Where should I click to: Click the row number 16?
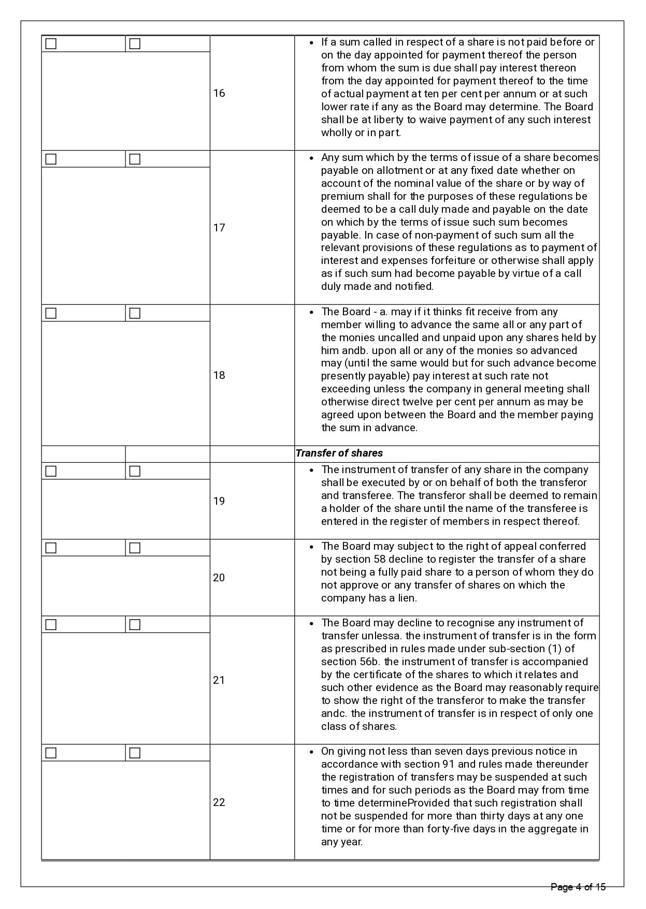(x=219, y=93)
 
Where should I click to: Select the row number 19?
(x=219, y=501)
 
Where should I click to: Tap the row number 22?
(x=219, y=802)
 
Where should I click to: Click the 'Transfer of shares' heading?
(x=339, y=453)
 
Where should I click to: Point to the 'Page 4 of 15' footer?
(x=578, y=887)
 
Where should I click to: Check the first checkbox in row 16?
(x=51, y=44)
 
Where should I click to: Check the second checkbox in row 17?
(x=135, y=159)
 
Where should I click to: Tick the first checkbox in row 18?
(x=51, y=313)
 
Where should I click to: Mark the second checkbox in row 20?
(x=135, y=548)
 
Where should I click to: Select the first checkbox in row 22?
(x=51, y=753)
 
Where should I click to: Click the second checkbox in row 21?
(x=135, y=624)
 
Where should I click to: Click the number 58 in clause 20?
(x=379, y=559)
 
